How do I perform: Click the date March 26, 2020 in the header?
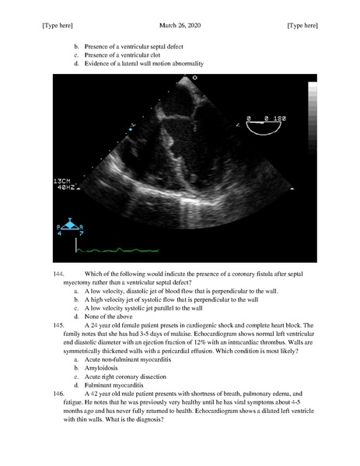coord(179,26)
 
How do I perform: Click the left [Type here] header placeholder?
coord(57,26)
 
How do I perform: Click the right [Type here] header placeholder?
coord(302,26)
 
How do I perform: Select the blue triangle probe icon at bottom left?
coord(70,226)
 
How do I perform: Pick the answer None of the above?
coord(110,316)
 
